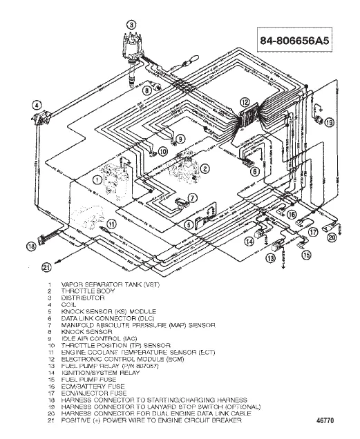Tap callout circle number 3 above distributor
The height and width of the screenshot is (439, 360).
click(x=128, y=24)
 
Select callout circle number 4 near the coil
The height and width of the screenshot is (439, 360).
click(x=35, y=104)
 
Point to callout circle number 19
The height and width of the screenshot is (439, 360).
click(x=329, y=122)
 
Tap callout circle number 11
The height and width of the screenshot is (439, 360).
click(x=110, y=223)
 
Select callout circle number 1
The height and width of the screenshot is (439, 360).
click(x=96, y=179)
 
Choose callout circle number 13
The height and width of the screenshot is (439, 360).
click(x=270, y=257)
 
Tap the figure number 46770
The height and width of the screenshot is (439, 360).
click(x=326, y=418)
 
